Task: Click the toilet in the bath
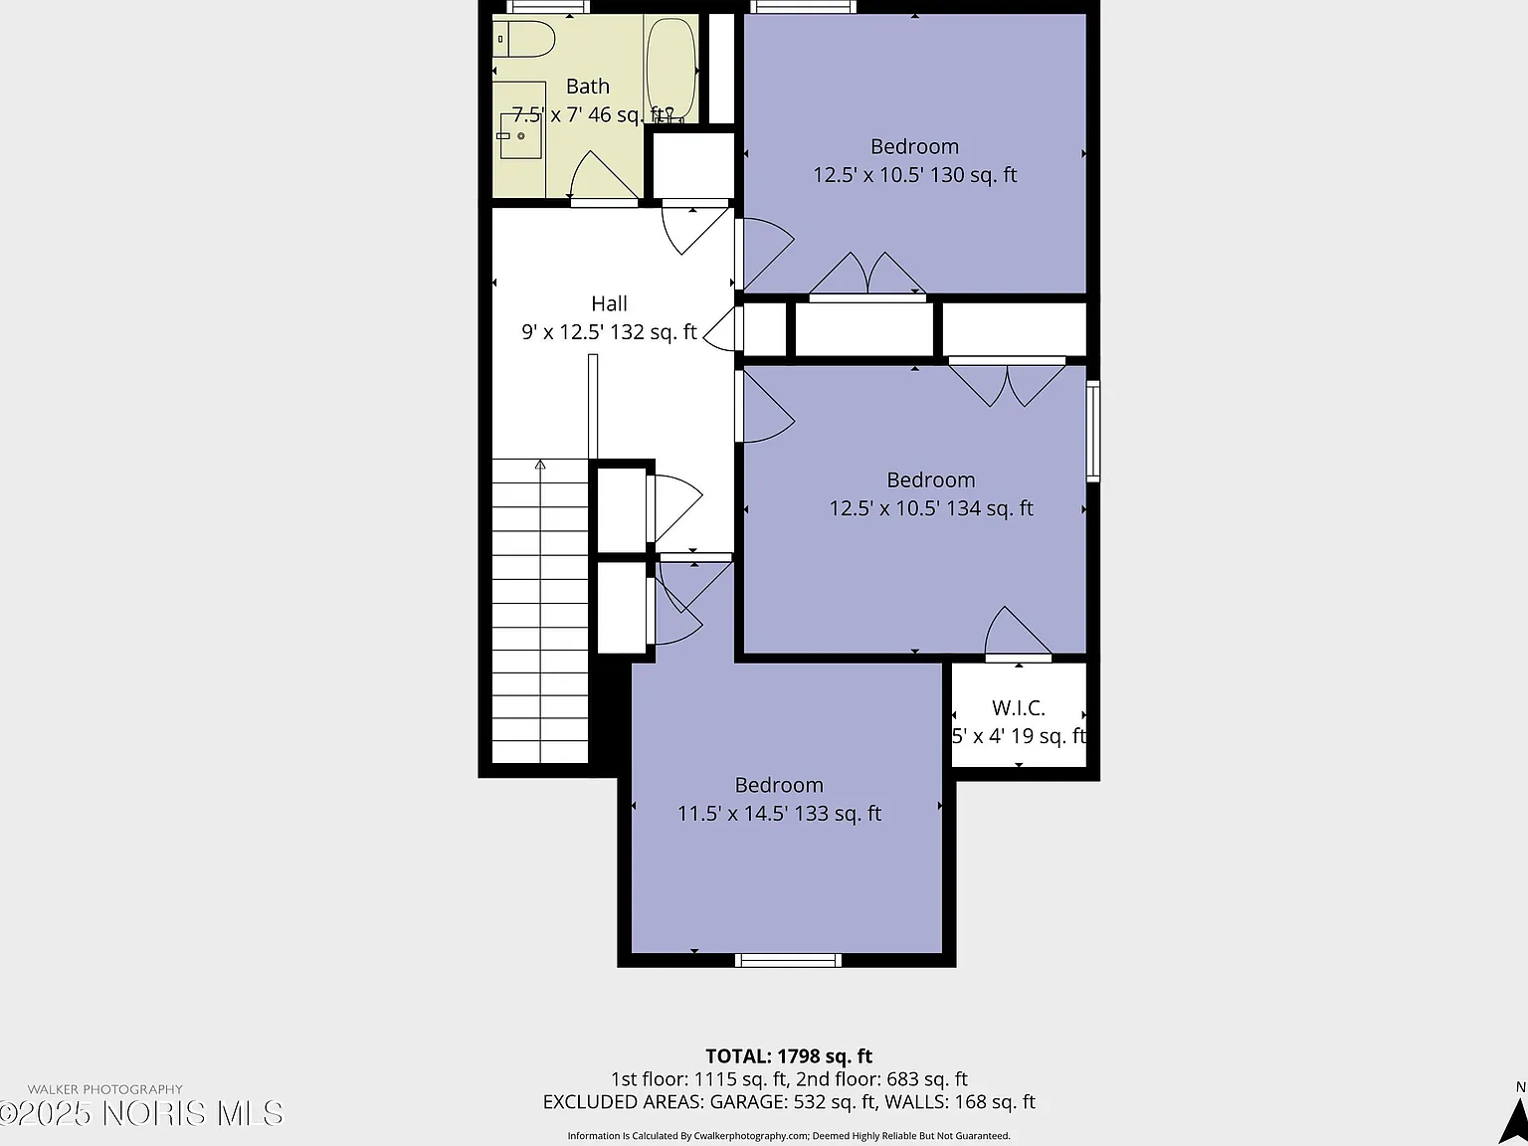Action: point(523,39)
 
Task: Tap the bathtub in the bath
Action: point(671,70)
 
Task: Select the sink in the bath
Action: point(520,135)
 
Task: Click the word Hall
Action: point(609,303)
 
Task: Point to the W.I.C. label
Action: point(1019,707)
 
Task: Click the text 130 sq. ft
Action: point(973,175)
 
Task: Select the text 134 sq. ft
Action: point(989,508)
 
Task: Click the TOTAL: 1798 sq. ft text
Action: point(789,1056)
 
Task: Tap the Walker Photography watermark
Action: point(105,1089)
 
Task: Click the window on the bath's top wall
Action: point(548,7)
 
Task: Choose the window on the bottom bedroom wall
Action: point(788,961)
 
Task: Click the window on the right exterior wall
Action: point(1093,431)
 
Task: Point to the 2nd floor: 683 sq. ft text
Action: point(881,1079)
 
